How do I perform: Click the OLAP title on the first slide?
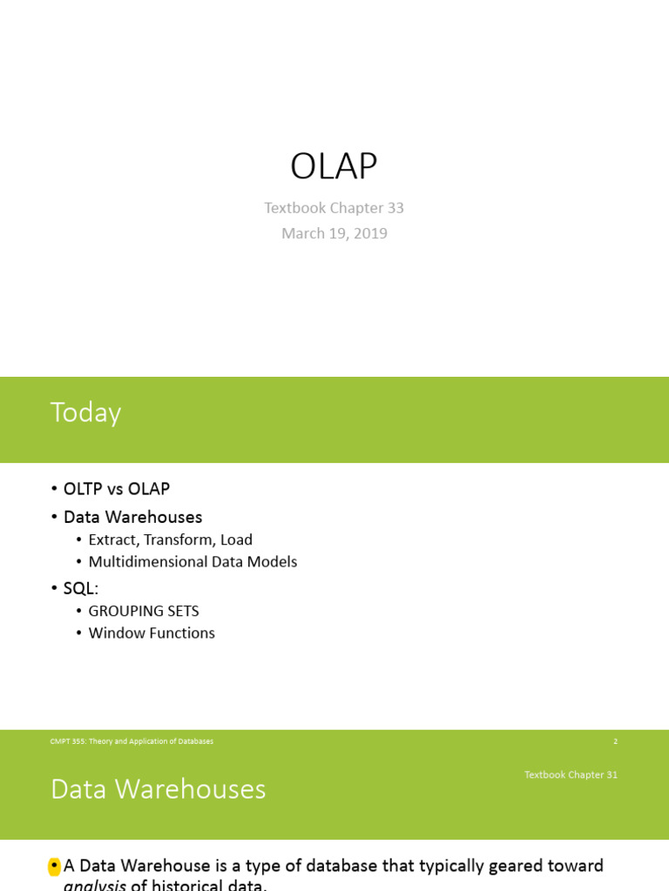(334, 166)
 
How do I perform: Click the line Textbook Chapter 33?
(334, 208)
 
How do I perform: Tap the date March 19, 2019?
(334, 233)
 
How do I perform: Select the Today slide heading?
(85, 412)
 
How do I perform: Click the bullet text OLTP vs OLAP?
(116, 489)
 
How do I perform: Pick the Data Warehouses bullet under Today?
(132, 517)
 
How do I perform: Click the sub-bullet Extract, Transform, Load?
(170, 539)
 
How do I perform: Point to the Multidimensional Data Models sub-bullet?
(193, 562)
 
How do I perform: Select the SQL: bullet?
(81, 588)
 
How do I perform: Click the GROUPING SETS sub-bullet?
(144, 611)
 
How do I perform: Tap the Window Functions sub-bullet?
(152, 633)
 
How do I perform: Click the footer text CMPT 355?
(132, 741)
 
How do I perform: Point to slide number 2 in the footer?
(615, 741)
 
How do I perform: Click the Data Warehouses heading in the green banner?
(158, 789)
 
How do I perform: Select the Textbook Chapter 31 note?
(571, 774)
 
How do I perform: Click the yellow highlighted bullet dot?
(54, 866)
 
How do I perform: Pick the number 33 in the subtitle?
(394, 208)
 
